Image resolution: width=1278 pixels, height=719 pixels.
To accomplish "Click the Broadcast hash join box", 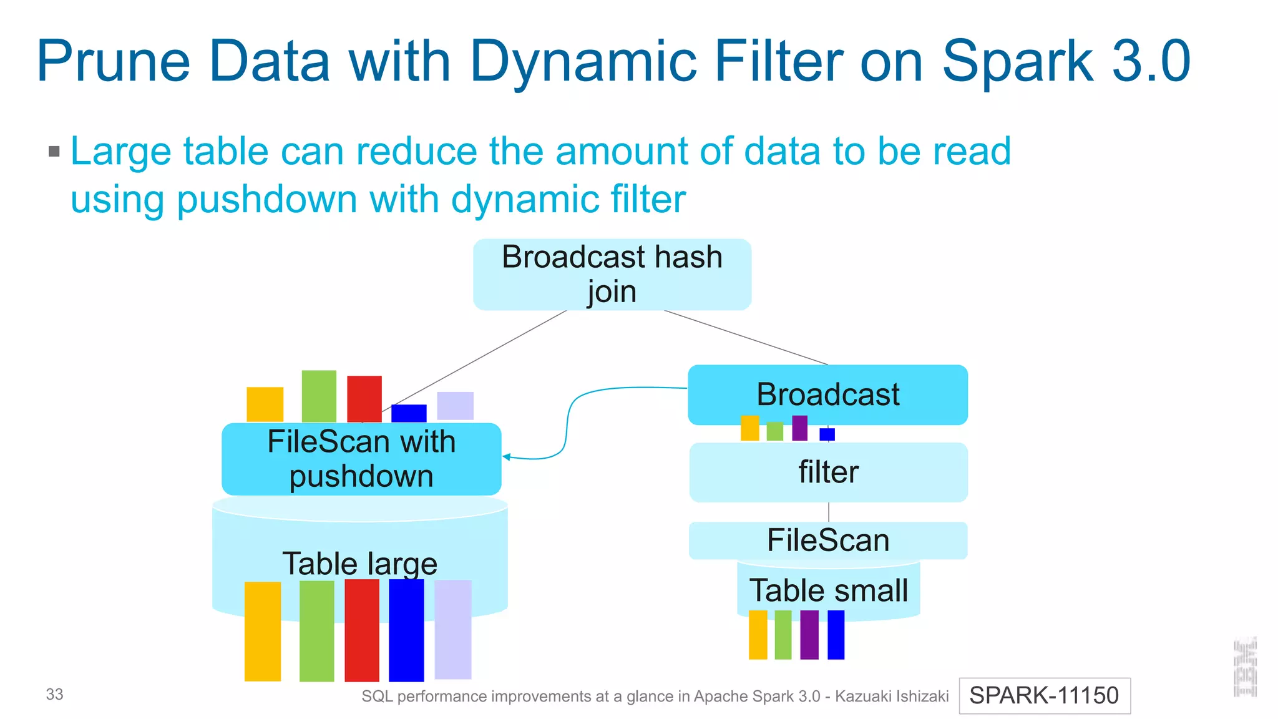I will click(x=612, y=275).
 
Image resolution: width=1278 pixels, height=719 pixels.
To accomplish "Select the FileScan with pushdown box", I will click(x=361, y=459).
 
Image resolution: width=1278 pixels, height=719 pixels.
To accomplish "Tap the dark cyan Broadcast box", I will click(x=827, y=394).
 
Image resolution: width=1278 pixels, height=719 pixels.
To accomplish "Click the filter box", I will click(x=828, y=472).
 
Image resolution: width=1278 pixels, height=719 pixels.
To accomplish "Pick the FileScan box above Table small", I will click(x=828, y=540).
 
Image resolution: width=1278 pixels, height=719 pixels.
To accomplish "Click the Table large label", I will click(x=359, y=563).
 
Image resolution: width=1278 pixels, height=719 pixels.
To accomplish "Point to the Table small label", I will click(x=828, y=590).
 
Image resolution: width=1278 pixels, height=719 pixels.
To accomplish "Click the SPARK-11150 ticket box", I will click(x=1044, y=695).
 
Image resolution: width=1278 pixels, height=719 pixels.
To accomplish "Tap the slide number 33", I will click(x=55, y=694).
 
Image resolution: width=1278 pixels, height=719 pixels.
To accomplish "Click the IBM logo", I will click(x=1245, y=667).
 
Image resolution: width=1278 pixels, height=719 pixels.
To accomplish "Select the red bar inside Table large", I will click(x=362, y=630).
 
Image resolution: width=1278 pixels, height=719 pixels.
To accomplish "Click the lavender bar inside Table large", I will click(x=453, y=629).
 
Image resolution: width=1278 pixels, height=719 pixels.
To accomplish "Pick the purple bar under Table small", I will click(x=809, y=635).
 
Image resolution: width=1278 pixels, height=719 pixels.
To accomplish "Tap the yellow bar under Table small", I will click(x=758, y=635).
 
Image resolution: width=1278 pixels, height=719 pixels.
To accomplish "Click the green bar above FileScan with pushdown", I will click(x=319, y=396).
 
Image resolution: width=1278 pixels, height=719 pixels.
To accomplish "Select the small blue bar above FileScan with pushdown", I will click(x=409, y=413).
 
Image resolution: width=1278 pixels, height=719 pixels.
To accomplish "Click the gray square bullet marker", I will click(x=54, y=151).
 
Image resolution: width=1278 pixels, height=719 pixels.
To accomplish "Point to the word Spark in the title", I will click(x=1017, y=61).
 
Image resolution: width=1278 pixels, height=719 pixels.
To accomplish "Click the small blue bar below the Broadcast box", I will click(x=827, y=434).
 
